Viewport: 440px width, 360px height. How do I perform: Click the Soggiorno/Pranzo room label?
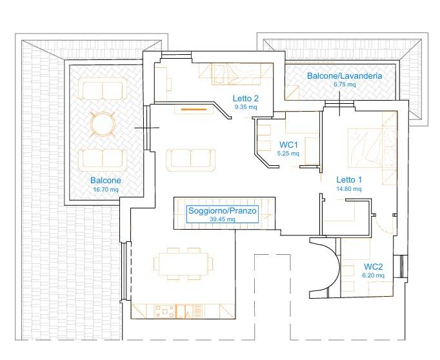click(x=222, y=211)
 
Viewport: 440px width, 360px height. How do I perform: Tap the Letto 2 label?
click(x=246, y=99)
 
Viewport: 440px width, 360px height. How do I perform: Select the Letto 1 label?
click(x=349, y=179)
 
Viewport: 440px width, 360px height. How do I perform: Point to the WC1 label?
click(x=288, y=145)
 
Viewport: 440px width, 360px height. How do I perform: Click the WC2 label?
click(x=373, y=266)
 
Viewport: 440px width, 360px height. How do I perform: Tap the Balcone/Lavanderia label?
click(x=345, y=75)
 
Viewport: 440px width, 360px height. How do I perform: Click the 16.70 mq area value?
click(x=106, y=190)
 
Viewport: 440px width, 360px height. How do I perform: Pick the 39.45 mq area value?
click(x=223, y=219)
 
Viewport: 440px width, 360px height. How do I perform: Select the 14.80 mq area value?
click(x=349, y=189)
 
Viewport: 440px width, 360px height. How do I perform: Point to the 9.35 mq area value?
click(x=246, y=107)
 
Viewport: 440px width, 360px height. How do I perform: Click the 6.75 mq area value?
click(x=345, y=84)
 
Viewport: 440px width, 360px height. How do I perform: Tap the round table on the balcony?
click(x=103, y=124)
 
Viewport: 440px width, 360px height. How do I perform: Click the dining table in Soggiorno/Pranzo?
click(x=183, y=264)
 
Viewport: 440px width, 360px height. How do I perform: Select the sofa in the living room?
click(x=191, y=160)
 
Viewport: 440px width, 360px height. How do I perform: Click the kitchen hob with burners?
click(x=165, y=312)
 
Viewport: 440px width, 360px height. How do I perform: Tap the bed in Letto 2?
click(x=235, y=74)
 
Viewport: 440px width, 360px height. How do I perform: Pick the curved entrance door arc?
click(x=333, y=268)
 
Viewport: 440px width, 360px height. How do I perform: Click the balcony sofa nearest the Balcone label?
click(x=103, y=160)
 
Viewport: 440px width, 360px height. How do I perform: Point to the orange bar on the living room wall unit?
click(x=194, y=110)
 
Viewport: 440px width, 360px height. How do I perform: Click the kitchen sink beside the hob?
click(x=185, y=312)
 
